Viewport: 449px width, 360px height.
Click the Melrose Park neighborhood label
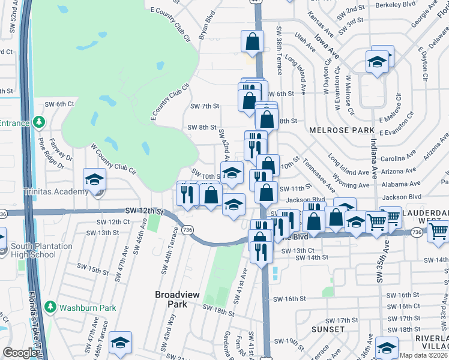pos(334,130)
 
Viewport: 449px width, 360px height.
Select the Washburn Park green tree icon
pos(50,307)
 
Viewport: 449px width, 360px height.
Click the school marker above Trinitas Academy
pos(94,179)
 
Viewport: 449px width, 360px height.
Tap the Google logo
pos(19,353)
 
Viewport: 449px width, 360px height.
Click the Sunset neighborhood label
pos(328,329)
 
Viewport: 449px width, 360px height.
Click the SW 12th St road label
pos(144,211)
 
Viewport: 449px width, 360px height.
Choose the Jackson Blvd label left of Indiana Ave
pos(306,199)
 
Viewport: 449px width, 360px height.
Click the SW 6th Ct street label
pos(59,104)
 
